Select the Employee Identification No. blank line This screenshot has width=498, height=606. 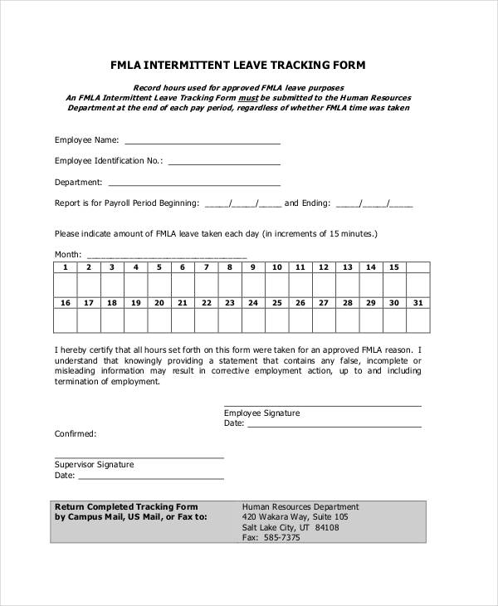tap(224, 163)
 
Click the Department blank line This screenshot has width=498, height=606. tap(194, 183)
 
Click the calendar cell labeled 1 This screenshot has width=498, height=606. tap(65, 267)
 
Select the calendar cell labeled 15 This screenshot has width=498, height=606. tap(394, 267)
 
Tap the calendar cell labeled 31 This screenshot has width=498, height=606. tap(417, 303)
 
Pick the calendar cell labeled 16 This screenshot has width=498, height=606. tap(65, 303)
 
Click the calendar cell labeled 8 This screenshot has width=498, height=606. tap(230, 267)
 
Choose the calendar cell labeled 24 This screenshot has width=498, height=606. tap(253, 303)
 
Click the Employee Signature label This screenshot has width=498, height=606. tap(261, 413)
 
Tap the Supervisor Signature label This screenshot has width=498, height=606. tap(94, 465)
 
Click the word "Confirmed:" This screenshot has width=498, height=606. tap(76, 434)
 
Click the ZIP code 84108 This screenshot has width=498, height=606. tap(327, 527)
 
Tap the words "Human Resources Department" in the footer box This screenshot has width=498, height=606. tap(300, 506)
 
